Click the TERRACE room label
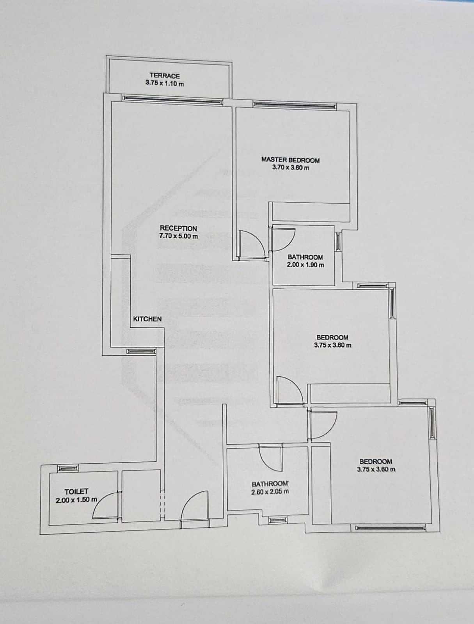click(x=165, y=76)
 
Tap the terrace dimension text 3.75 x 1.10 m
click(x=165, y=83)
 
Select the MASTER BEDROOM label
click(x=290, y=160)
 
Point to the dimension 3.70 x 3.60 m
click(x=291, y=167)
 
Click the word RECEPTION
click(x=178, y=228)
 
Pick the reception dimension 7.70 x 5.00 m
click(x=179, y=236)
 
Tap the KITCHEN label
click(x=147, y=319)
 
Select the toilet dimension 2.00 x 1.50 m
click(x=76, y=500)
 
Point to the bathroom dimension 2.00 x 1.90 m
click(x=305, y=265)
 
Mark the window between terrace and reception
click(x=172, y=100)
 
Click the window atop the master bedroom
click(x=295, y=105)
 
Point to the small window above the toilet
click(x=68, y=468)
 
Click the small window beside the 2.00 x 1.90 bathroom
click(x=338, y=242)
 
